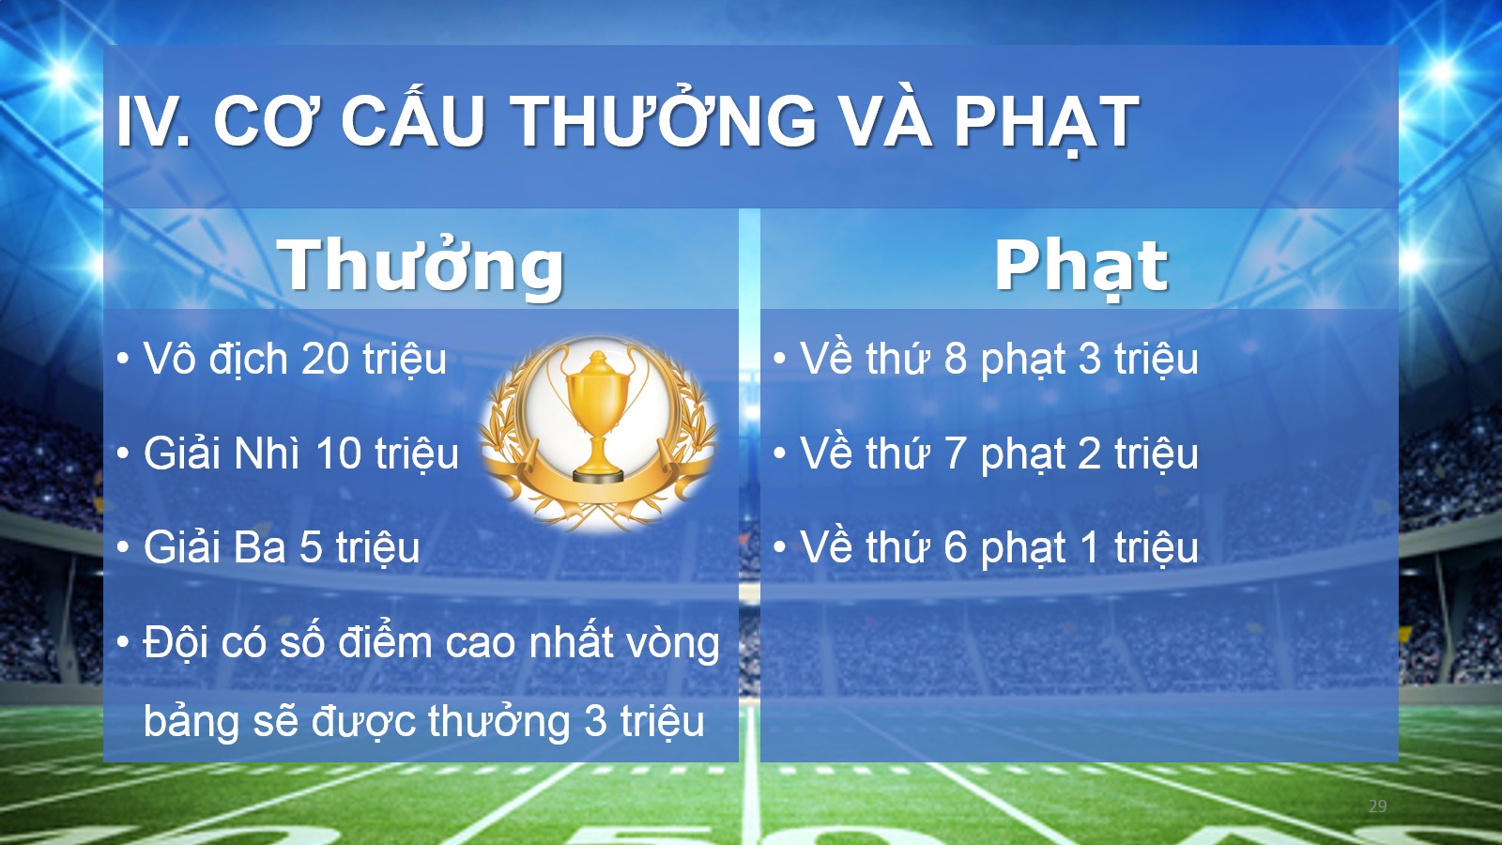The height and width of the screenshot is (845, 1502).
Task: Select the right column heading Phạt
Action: (1081, 267)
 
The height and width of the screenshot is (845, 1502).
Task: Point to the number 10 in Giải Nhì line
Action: (339, 453)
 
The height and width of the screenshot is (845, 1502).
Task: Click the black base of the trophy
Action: (598, 477)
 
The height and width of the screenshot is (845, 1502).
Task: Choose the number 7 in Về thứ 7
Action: (955, 453)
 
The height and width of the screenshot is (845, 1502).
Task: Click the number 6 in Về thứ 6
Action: (955, 547)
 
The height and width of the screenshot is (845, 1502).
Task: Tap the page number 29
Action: (1377, 807)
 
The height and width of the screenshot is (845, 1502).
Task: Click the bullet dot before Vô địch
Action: (123, 359)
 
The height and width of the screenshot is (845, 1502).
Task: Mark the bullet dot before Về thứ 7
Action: (779, 453)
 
